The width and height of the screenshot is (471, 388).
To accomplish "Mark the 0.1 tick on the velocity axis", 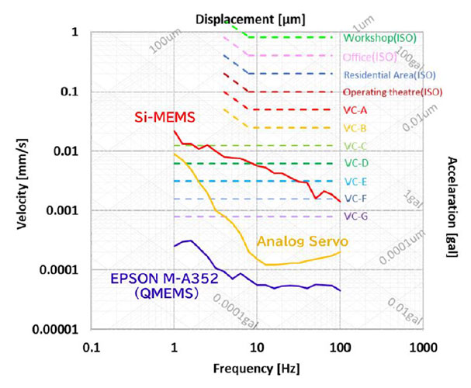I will [71, 92].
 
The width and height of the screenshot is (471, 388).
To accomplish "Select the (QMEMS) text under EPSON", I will [151, 295].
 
